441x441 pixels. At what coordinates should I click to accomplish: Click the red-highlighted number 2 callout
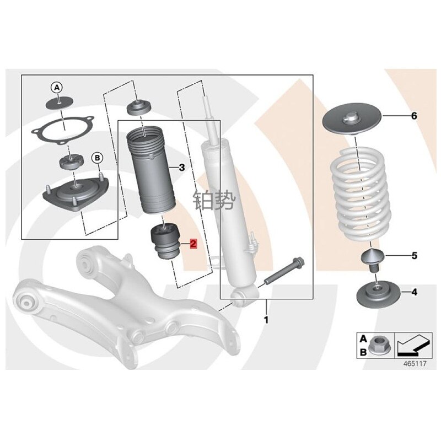click(x=193, y=244)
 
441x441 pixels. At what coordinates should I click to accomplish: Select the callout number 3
click(x=182, y=168)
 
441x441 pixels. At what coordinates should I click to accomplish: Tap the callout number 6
click(x=414, y=116)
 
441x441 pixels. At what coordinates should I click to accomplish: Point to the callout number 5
click(x=415, y=256)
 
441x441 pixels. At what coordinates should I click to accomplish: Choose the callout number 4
click(x=415, y=292)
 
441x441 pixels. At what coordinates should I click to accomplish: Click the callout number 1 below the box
click(x=266, y=320)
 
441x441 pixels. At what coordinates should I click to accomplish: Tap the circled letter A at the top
click(x=57, y=88)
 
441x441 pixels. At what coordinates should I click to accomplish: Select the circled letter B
click(x=98, y=158)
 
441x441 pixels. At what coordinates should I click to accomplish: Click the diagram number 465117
click(x=415, y=363)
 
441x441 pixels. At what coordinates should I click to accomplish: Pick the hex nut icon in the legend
click(x=378, y=345)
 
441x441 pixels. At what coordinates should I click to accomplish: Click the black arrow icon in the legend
click(x=413, y=345)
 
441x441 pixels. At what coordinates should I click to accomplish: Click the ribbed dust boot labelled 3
click(x=151, y=170)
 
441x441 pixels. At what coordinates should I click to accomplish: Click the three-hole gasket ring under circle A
click(x=63, y=131)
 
